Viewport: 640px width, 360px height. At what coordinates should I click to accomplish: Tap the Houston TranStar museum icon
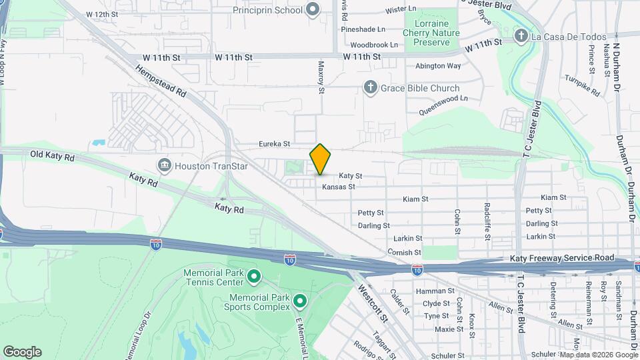(x=164, y=165)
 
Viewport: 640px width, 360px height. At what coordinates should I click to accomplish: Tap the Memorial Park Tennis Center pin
(x=254, y=275)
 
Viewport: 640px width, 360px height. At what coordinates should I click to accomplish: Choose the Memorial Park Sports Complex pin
(x=299, y=302)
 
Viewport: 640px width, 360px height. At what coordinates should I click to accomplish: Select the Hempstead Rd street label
(x=161, y=82)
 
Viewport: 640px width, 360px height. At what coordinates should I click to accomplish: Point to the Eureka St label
(x=275, y=143)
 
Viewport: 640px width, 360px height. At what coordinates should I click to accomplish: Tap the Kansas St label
(x=338, y=187)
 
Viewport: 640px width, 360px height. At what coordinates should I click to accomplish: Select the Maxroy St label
(x=321, y=76)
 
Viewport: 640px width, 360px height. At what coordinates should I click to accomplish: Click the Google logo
(x=22, y=351)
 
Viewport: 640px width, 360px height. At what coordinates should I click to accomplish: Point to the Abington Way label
(x=438, y=66)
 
